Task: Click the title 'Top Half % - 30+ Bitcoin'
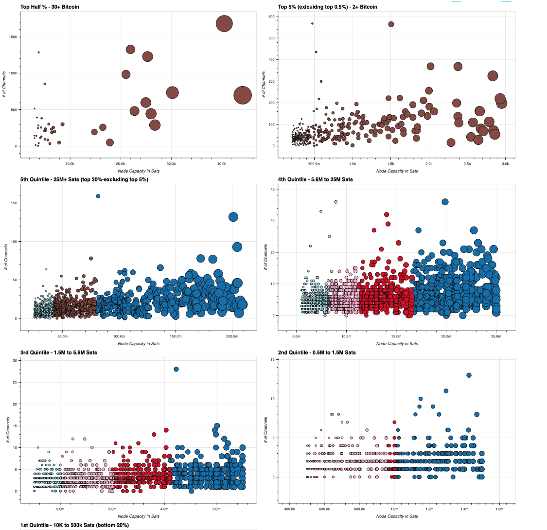(50, 7)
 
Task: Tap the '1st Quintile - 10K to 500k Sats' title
(74, 525)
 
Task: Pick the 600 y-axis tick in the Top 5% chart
(271, 17)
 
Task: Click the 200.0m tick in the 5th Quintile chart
(232, 336)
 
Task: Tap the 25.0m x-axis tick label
(496, 336)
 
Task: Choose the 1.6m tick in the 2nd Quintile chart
(499, 509)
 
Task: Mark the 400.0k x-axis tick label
(289, 509)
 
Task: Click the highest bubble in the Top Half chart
(224, 23)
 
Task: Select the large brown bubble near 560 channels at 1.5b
(391, 24)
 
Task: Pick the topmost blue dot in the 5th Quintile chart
(98, 196)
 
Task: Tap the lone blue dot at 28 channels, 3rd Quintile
(176, 369)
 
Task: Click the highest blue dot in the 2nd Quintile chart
(469, 375)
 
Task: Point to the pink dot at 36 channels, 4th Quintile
(335, 202)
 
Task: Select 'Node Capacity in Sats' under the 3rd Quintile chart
(138, 516)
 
